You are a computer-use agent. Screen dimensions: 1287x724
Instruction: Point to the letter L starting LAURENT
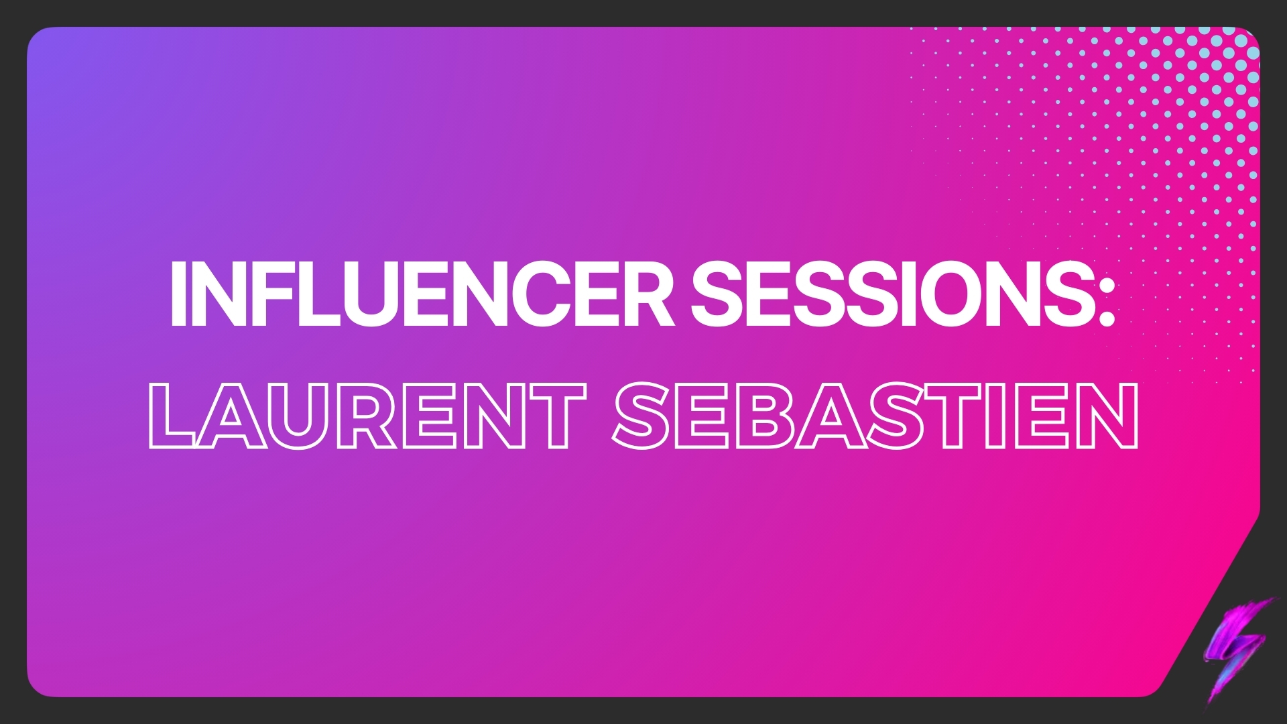172,416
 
